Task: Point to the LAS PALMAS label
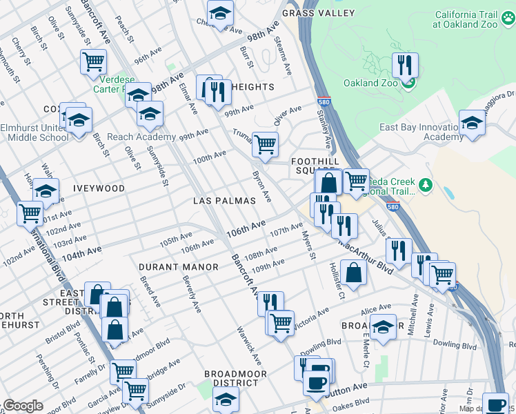[224, 201]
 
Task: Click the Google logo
[22, 406]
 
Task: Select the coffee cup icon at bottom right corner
[494, 404]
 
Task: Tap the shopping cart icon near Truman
[265, 144]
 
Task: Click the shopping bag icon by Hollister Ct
[353, 272]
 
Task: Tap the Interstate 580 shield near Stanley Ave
[324, 100]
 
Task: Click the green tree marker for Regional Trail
[426, 184]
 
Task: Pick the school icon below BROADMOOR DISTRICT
[225, 399]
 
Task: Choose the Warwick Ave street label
[249, 346]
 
